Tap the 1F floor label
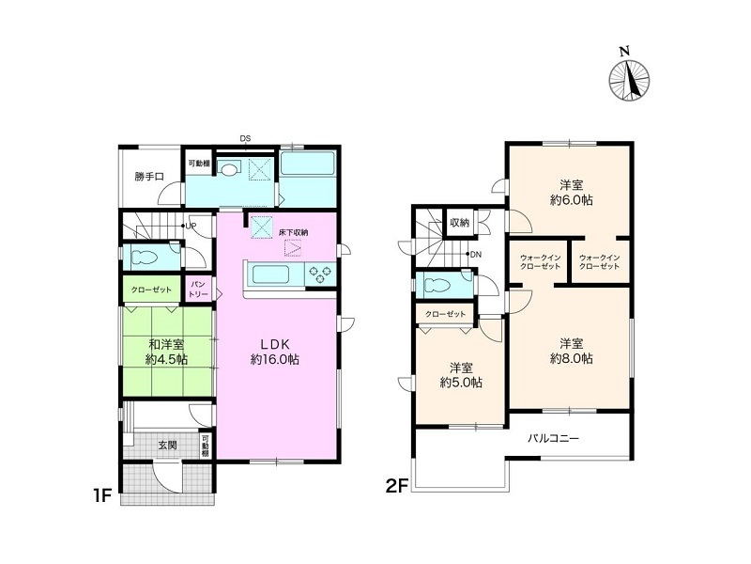point(102,495)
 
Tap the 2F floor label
point(396,486)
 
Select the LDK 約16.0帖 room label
point(275,352)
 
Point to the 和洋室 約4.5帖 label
point(166,352)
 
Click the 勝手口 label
point(149,177)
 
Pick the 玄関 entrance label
point(168,445)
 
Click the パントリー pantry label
point(198,290)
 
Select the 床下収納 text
point(293,232)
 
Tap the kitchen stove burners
point(320,274)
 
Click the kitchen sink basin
point(270,274)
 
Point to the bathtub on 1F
point(307,164)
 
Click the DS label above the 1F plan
point(245,139)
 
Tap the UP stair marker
point(190,226)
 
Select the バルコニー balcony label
point(554,438)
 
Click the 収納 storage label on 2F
point(460,223)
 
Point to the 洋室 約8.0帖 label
point(572,351)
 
